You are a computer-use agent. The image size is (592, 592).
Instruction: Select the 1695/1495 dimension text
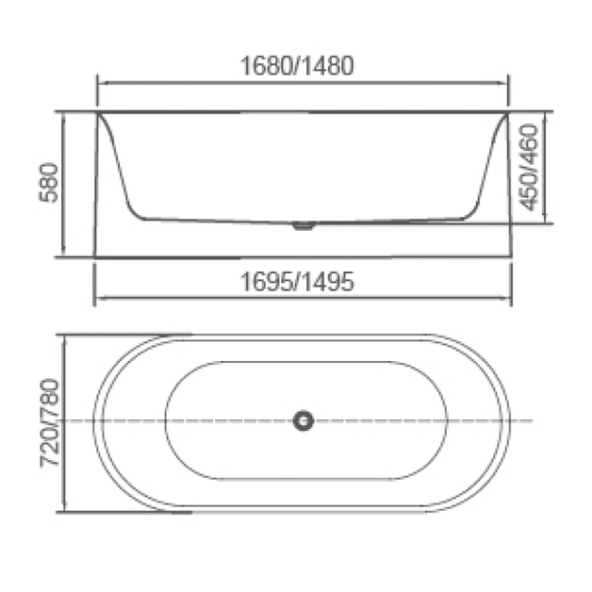[297, 281]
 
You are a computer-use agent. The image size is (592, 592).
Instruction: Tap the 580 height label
[49, 183]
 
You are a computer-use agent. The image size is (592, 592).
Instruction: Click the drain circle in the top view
[303, 420]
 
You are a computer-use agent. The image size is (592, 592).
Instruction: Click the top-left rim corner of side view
[97, 112]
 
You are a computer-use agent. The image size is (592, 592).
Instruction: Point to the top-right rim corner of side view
[509, 112]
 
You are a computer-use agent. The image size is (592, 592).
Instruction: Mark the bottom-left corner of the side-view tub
[95, 255]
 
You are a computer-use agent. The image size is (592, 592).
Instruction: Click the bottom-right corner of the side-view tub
[509, 255]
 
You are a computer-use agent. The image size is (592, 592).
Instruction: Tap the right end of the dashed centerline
[532, 420]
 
